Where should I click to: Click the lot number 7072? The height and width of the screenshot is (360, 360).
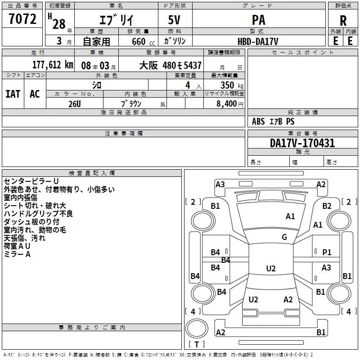tap(22, 19)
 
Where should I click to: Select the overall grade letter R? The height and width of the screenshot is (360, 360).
tap(343, 21)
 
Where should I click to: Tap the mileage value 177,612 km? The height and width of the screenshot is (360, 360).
tap(53, 65)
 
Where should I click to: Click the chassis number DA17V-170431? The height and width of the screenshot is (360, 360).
tap(302, 143)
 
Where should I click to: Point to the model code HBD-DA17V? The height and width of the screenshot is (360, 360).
tap(258, 41)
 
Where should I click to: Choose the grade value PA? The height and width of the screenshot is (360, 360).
tap(258, 20)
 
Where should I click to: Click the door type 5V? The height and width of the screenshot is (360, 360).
tap(174, 20)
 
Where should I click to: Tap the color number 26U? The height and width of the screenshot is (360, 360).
tap(75, 104)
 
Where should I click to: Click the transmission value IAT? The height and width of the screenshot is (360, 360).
tap(13, 94)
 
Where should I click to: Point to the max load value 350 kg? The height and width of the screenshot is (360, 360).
tap(232, 85)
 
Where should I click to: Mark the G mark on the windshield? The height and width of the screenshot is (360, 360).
tap(284, 237)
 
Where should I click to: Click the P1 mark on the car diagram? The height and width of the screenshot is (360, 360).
tap(327, 252)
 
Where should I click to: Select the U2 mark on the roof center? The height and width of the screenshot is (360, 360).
tap(271, 268)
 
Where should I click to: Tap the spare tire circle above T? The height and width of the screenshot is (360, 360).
tap(197, 328)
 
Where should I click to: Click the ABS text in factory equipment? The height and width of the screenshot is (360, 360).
tap(258, 121)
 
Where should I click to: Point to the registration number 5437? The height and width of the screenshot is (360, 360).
tap(193, 65)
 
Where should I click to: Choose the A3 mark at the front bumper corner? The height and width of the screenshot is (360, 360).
tap(220, 184)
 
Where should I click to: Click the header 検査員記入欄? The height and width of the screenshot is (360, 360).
tap(92, 173)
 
